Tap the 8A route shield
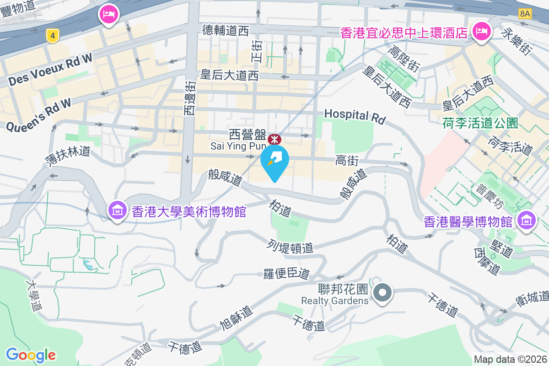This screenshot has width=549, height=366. click(525, 13)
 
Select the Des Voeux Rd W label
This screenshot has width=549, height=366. click(50, 69)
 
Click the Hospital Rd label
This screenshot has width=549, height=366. click(355, 116)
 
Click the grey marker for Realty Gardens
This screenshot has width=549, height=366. click(383, 293)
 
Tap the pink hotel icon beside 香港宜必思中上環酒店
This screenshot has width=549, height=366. click(481, 32)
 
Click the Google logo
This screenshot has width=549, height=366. click(31, 355)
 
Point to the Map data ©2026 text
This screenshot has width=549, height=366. click(510, 360)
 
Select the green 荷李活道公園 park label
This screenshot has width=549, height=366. click(480, 123)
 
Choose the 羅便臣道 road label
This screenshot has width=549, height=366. click(287, 274)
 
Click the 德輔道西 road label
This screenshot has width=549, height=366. click(226, 31)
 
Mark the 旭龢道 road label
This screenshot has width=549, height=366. click(236, 318)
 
